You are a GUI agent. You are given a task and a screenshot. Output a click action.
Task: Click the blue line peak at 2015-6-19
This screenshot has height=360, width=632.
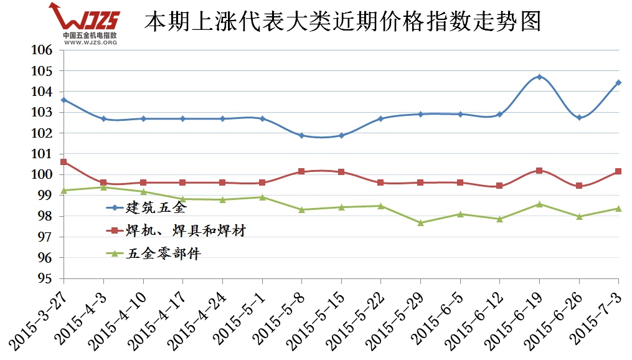pos(539,77)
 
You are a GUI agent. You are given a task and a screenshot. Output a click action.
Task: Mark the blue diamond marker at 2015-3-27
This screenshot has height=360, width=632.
pos(64,100)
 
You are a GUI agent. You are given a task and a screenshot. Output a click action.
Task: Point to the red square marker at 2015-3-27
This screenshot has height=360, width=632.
pos(64,162)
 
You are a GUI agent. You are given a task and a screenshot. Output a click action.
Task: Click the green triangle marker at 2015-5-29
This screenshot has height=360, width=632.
pos(420,222)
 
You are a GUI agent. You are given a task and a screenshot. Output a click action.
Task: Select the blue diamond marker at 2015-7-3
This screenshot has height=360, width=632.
pos(618,82)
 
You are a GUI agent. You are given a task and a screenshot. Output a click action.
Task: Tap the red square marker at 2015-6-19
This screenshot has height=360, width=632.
pos(539,171)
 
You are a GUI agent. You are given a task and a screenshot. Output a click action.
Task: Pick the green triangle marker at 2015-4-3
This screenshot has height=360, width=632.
pos(103,187)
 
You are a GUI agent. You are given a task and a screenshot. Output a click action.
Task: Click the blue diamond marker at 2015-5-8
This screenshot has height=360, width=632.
pos(301,135)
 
